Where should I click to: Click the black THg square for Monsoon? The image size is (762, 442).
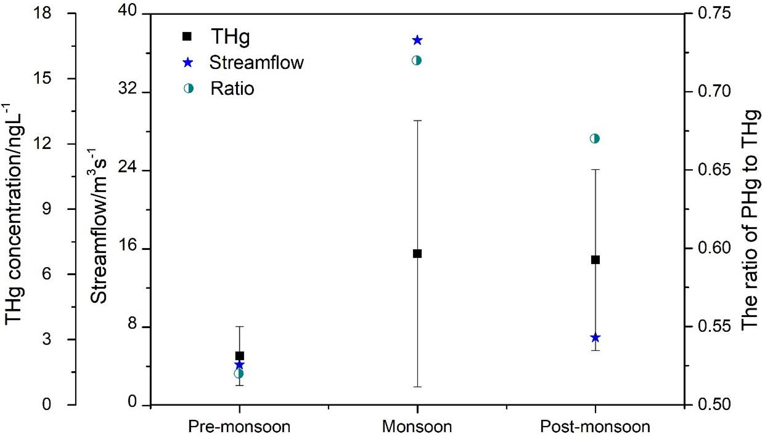(417, 254)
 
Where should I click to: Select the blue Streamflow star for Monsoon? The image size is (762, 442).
(417, 41)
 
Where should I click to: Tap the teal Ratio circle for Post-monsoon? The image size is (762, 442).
(595, 139)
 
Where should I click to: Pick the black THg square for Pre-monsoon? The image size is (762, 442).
(239, 356)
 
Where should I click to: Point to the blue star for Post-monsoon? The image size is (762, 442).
(595, 337)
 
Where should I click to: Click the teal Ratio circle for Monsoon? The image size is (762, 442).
(417, 60)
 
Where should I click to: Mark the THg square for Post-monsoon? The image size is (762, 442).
(595, 260)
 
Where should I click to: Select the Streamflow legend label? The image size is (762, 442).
(256, 62)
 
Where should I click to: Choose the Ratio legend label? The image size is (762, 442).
(232, 88)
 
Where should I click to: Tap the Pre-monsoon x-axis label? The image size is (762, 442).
(239, 427)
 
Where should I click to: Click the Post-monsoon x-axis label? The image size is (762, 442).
(595, 427)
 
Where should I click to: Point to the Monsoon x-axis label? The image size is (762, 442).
(417, 427)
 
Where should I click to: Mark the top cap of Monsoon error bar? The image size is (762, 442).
(417, 121)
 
